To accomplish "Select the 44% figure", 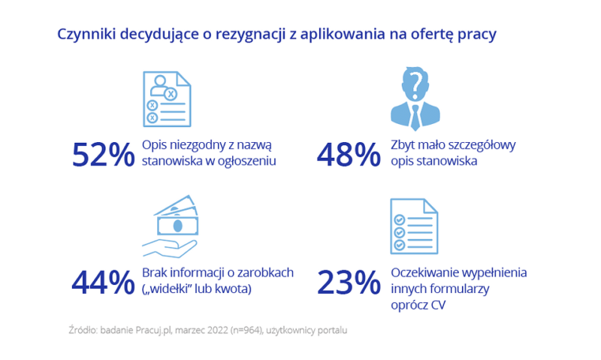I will coord(101,281).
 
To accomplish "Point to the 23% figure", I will coord(348,281).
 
